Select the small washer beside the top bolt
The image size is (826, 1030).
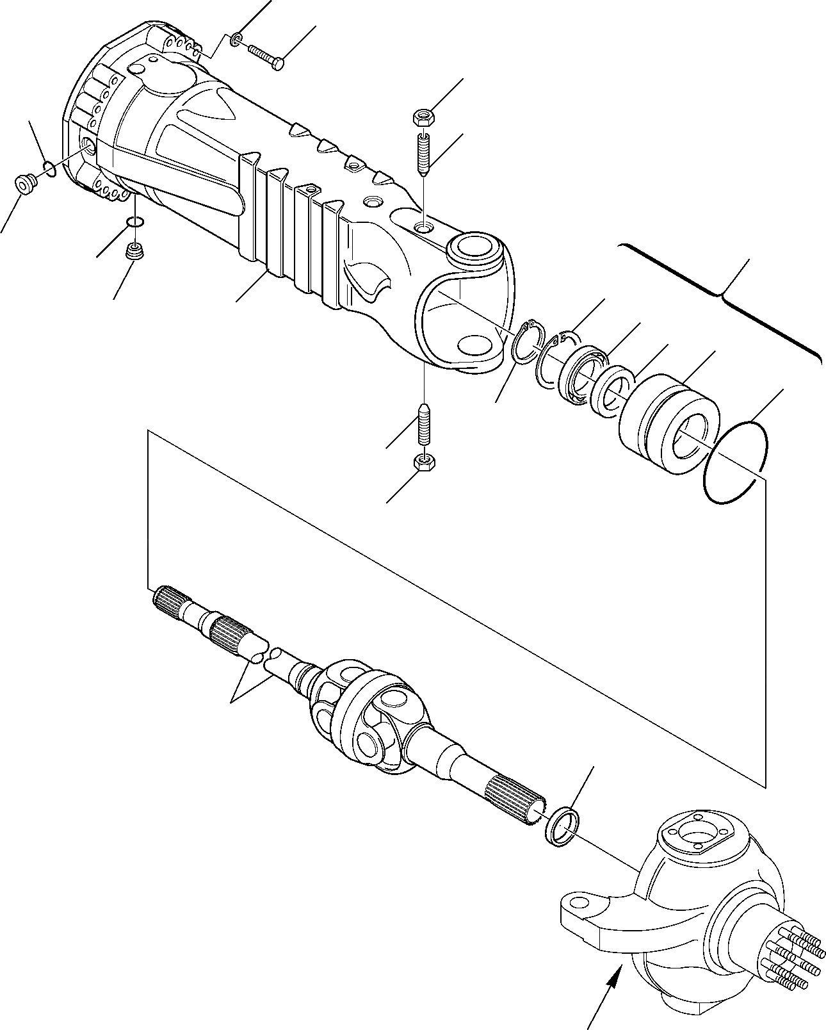coord(236,41)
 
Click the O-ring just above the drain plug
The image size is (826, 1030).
coord(134,222)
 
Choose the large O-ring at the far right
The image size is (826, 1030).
coord(735,461)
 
